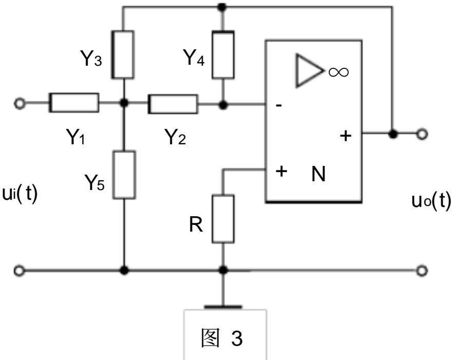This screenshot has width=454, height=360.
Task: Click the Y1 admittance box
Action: click(x=74, y=103)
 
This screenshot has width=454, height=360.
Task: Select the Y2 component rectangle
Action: click(x=173, y=104)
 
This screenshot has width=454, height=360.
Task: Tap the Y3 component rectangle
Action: click(x=123, y=54)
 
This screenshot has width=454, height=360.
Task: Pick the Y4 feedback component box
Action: click(x=223, y=54)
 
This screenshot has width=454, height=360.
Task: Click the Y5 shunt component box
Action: click(x=124, y=175)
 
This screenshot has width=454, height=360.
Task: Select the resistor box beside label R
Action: click(x=223, y=219)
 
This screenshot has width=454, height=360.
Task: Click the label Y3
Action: click(x=91, y=58)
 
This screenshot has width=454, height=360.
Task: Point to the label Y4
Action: click(x=194, y=58)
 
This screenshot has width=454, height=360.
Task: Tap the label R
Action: click(x=196, y=224)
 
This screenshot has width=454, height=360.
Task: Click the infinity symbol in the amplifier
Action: click(x=338, y=72)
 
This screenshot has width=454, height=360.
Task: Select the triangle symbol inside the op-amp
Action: click(x=309, y=70)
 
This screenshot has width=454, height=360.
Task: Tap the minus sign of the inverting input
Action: click(x=279, y=105)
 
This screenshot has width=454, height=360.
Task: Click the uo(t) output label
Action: click(x=431, y=200)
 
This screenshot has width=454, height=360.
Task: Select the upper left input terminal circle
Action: click(x=19, y=103)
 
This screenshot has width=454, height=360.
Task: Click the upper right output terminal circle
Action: click(x=422, y=134)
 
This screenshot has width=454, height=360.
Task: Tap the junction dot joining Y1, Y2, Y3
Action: click(x=124, y=103)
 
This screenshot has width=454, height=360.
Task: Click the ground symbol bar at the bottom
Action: click(x=223, y=307)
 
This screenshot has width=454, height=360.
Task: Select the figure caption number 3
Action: click(x=237, y=338)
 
